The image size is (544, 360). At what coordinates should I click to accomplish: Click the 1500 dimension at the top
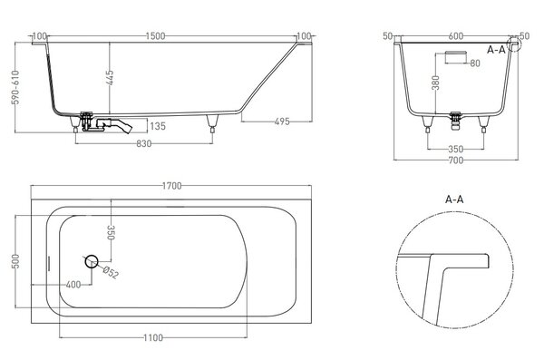155,36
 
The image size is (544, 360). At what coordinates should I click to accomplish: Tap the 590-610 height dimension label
15,87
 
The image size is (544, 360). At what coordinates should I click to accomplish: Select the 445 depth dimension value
110,78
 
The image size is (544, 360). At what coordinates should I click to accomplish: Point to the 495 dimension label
282,122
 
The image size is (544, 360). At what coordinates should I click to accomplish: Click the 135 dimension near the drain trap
158,126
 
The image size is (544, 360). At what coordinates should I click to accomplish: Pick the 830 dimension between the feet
143,143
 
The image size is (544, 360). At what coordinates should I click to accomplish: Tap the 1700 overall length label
171,186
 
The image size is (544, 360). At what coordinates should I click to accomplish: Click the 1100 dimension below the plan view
153,337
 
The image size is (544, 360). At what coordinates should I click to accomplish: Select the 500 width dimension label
15,261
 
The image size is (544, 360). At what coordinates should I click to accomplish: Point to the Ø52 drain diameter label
111,273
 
